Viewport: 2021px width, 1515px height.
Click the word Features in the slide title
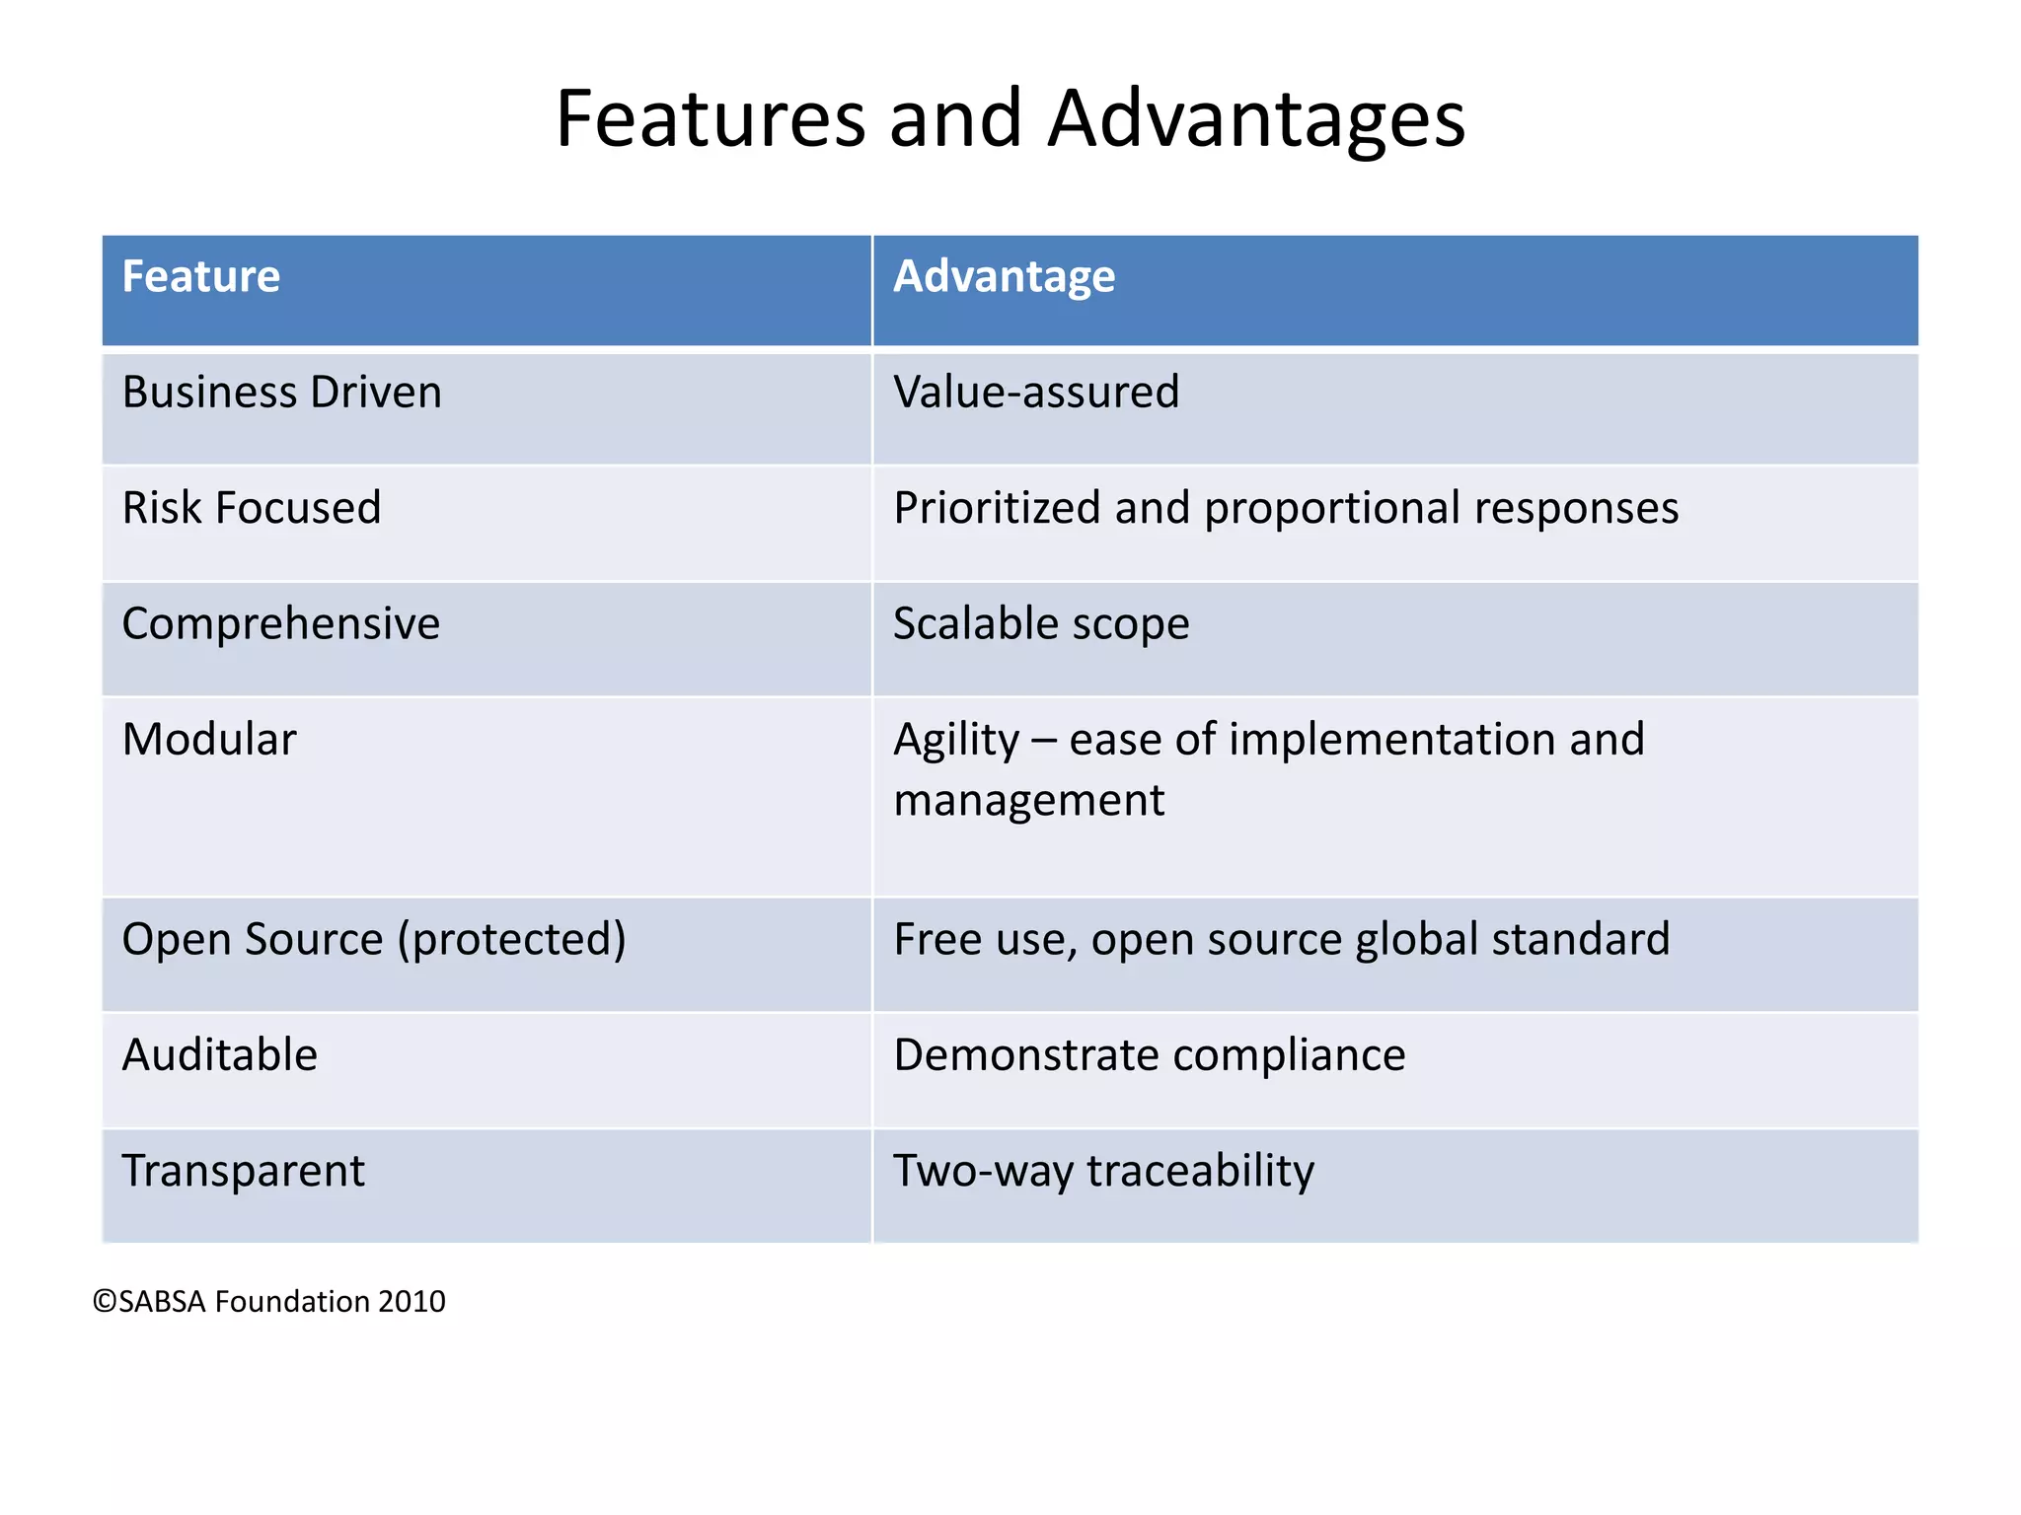pos(711,118)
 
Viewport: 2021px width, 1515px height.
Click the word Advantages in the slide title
pos(1256,118)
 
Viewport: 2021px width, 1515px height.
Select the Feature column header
pos(201,276)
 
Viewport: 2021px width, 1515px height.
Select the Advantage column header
pos(1004,276)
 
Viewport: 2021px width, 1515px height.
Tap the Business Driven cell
pos(281,393)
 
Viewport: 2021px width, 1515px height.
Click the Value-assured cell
pos(1036,393)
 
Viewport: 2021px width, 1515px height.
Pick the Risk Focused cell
pos(252,508)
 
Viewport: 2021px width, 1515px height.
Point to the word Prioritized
pos(997,508)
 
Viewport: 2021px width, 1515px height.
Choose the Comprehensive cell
pos(281,624)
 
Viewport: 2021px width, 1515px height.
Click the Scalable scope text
pos(1041,624)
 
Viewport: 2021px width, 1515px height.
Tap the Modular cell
pos(209,740)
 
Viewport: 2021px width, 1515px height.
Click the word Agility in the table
pos(955,740)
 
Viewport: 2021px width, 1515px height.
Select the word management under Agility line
pos(1028,800)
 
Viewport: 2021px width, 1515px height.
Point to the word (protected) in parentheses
pos(511,940)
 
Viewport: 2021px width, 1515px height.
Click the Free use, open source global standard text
pos(1281,940)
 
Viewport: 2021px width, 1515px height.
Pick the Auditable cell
pos(220,1055)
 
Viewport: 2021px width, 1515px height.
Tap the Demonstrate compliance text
pos(1149,1055)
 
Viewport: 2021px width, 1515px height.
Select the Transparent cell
pos(243,1172)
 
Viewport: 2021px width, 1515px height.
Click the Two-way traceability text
pos(1103,1172)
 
